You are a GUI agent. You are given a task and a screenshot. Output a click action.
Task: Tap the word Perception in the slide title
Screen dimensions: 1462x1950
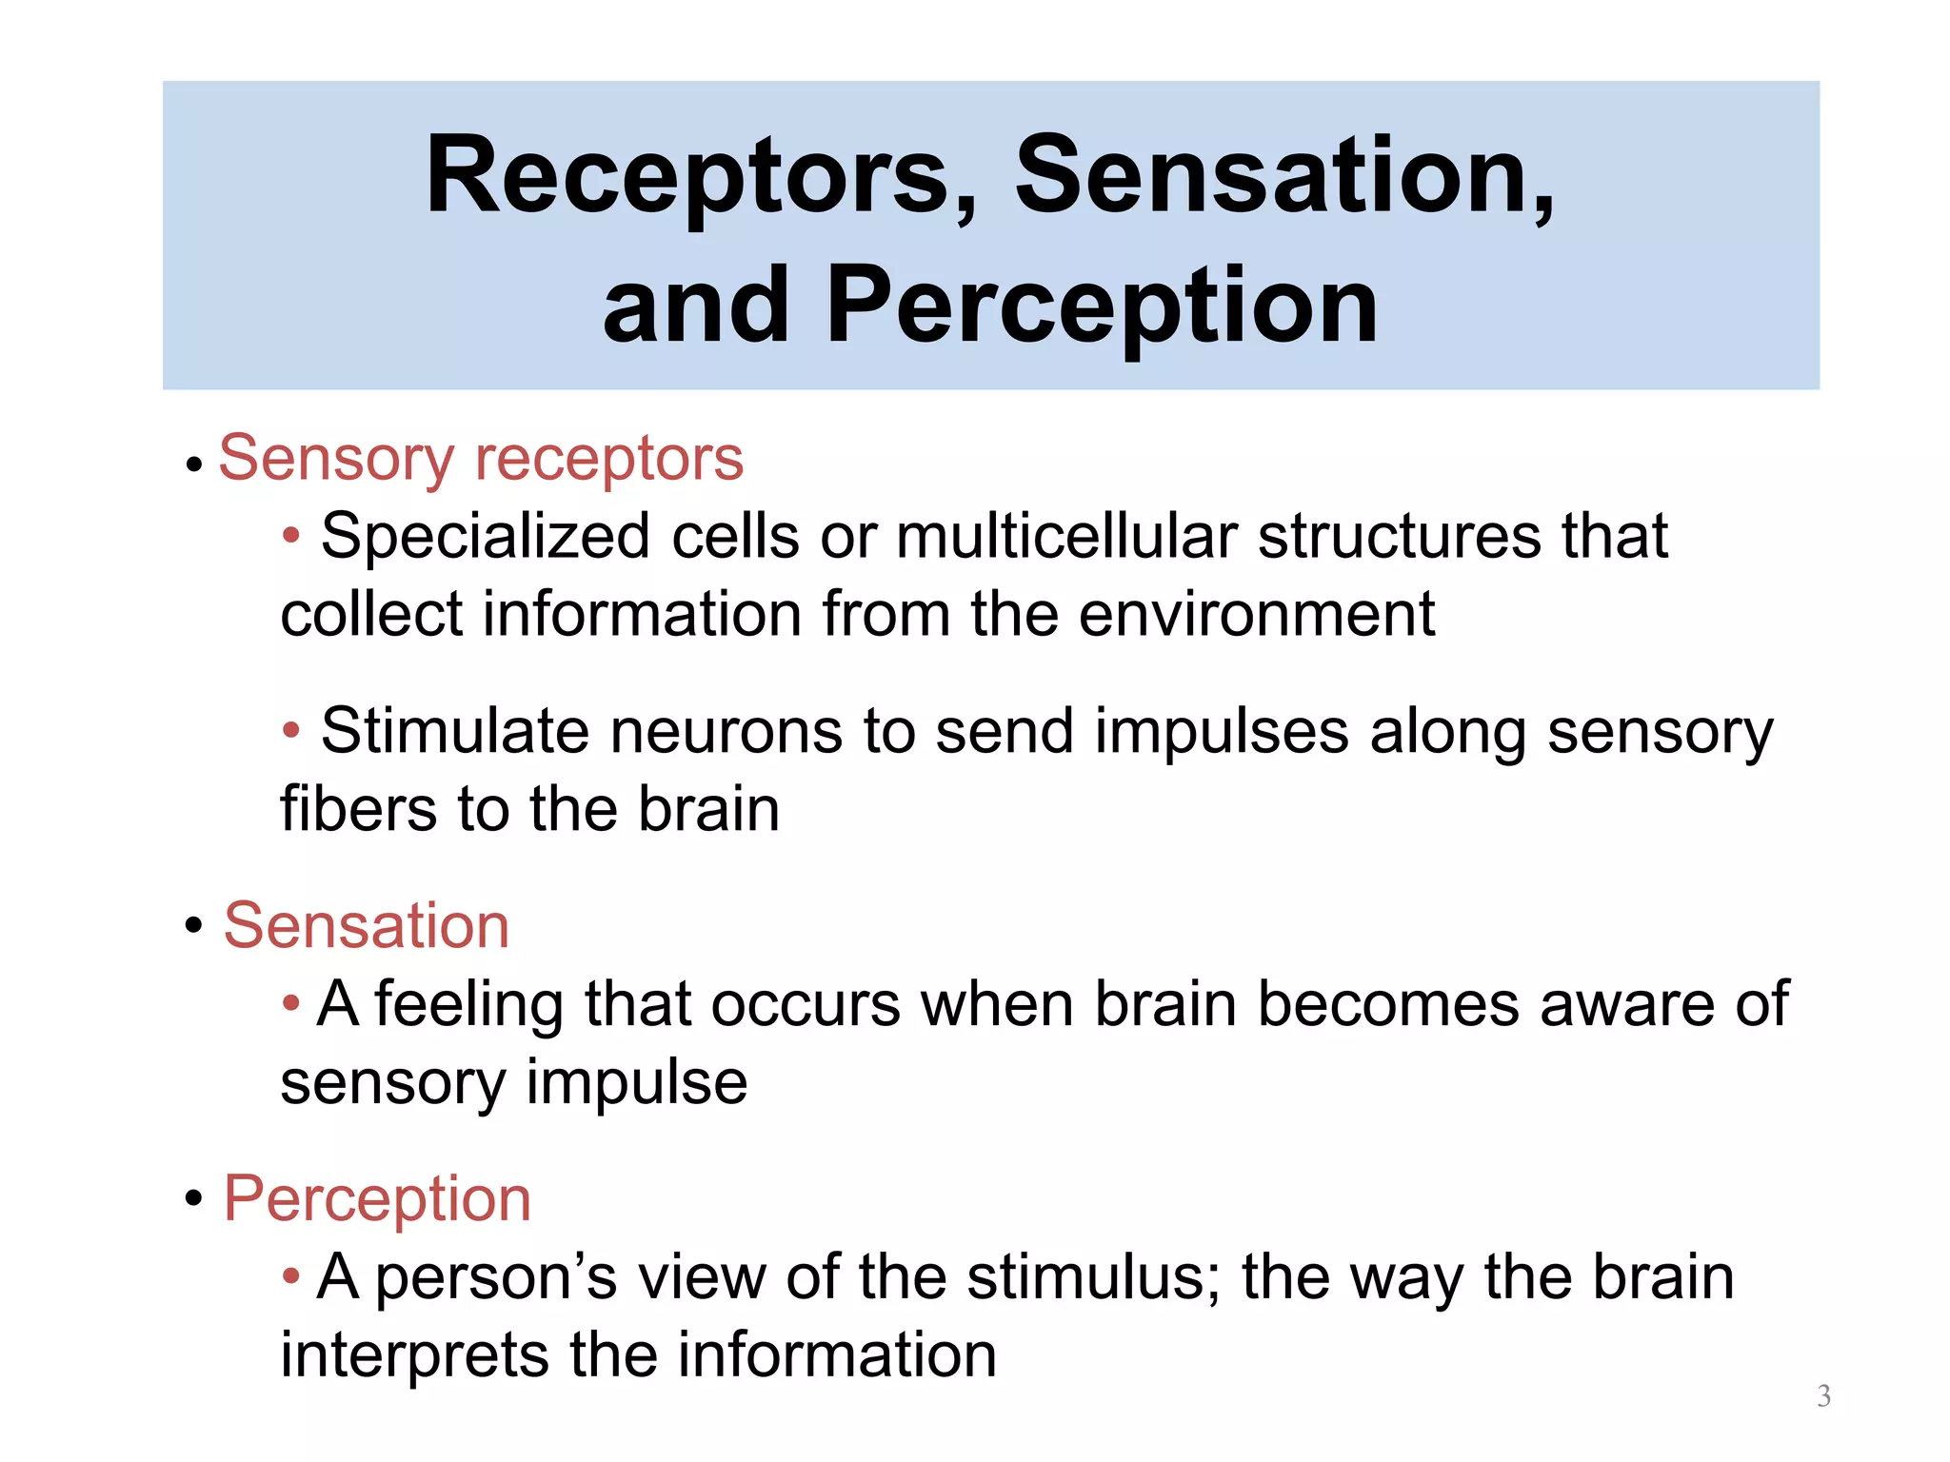[1102, 306]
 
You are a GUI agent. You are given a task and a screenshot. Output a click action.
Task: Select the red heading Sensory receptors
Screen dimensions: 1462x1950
[481, 459]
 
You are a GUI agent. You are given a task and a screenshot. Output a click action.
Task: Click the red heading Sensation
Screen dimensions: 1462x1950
[367, 925]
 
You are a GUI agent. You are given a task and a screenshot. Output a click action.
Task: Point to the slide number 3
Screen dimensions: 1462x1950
[1823, 1395]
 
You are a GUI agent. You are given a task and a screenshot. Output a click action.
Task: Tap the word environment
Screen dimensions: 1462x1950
[1257, 614]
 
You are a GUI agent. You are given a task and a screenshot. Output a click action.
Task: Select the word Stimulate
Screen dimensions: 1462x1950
[455, 731]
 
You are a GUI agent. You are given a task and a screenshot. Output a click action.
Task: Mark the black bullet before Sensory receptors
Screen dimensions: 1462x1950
[194, 464]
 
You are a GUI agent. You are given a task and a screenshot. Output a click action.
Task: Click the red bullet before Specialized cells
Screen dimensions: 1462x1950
[291, 536]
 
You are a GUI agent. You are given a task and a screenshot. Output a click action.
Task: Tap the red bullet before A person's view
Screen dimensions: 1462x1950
[291, 1275]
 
